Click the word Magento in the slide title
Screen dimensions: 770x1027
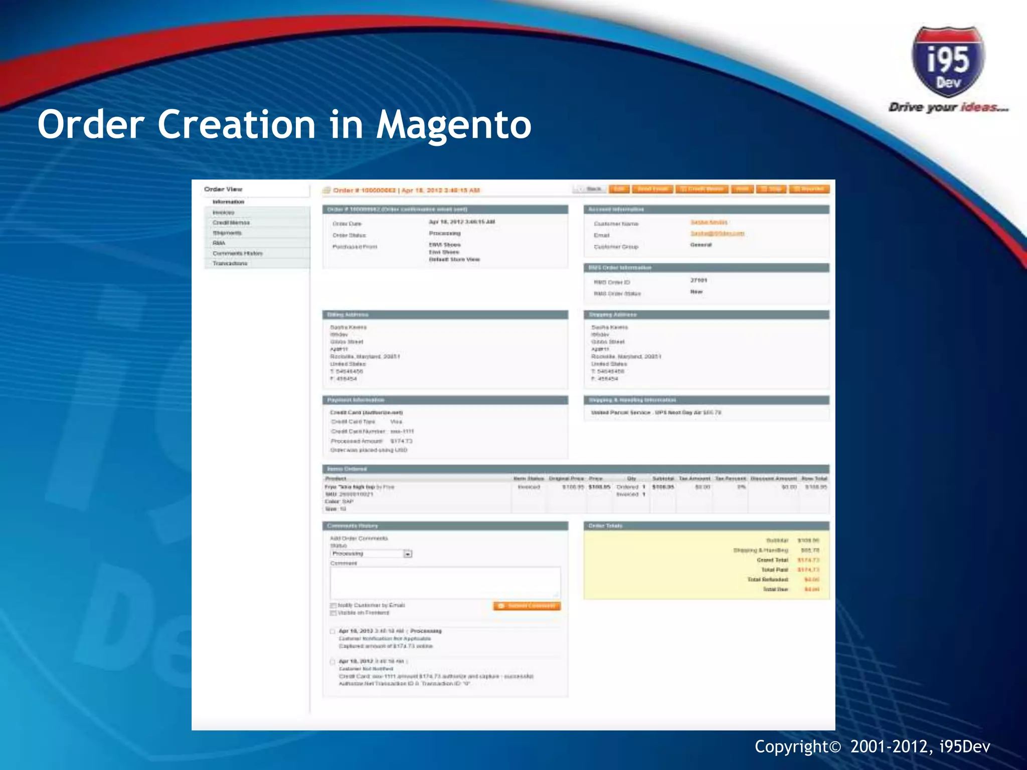(x=453, y=125)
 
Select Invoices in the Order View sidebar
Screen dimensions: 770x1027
(x=224, y=213)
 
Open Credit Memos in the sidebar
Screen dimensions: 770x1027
(x=231, y=223)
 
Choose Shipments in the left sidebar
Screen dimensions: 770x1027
(x=227, y=233)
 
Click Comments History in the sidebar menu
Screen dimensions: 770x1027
(x=238, y=254)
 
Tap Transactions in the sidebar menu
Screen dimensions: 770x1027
(x=230, y=264)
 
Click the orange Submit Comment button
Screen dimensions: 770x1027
(x=527, y=606)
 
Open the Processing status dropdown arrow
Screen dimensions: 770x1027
(x=408, y=554)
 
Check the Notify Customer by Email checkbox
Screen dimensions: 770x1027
(x=333, y=606)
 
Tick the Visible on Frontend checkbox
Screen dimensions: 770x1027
(x=333, y=613)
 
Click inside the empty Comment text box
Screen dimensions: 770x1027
(x=445, y=583)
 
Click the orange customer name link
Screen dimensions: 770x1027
(x=709, y=222)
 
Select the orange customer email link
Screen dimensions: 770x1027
(x=717, y=234)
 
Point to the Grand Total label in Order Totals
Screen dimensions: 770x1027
(x=772, y=560)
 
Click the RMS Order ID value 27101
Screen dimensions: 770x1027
(x=699, y=280)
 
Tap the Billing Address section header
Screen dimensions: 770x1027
(x=348, y=315)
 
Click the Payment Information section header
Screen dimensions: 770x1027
(x=356, y=400)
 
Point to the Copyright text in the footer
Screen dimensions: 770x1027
(x=872, y=747)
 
